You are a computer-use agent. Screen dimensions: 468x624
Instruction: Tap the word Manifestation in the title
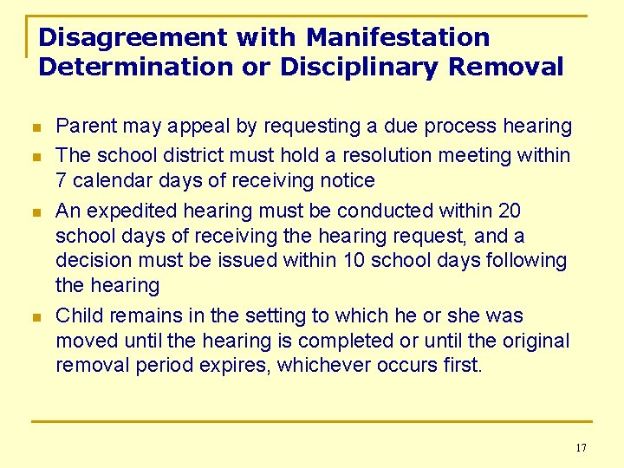click(398, 38)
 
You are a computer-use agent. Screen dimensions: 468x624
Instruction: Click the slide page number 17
click(581, 447)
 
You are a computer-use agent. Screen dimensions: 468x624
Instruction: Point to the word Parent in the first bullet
click(83, 127)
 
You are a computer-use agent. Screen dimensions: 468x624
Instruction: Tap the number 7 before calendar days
click(62, 181)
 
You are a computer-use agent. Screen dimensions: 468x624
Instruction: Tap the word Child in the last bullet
click(76, 315)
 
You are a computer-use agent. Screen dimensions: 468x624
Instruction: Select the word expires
click(234, 365)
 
